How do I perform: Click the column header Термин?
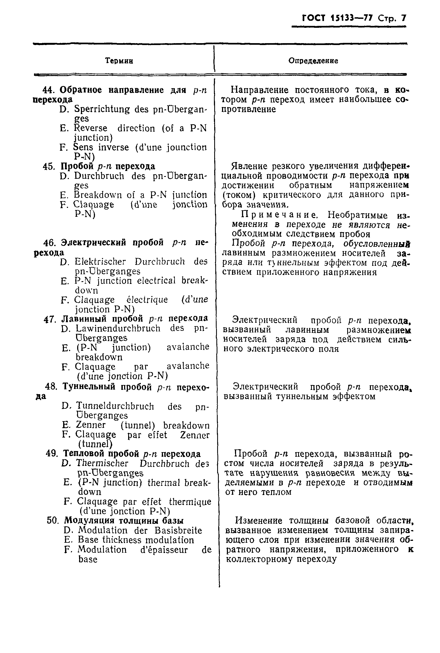(119, 61)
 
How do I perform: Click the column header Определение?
(313, 61)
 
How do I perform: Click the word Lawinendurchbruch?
(118, 328)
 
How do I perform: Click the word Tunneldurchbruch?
(115, 406)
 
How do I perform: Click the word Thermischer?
(102, 463)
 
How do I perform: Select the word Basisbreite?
(178, 530)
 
